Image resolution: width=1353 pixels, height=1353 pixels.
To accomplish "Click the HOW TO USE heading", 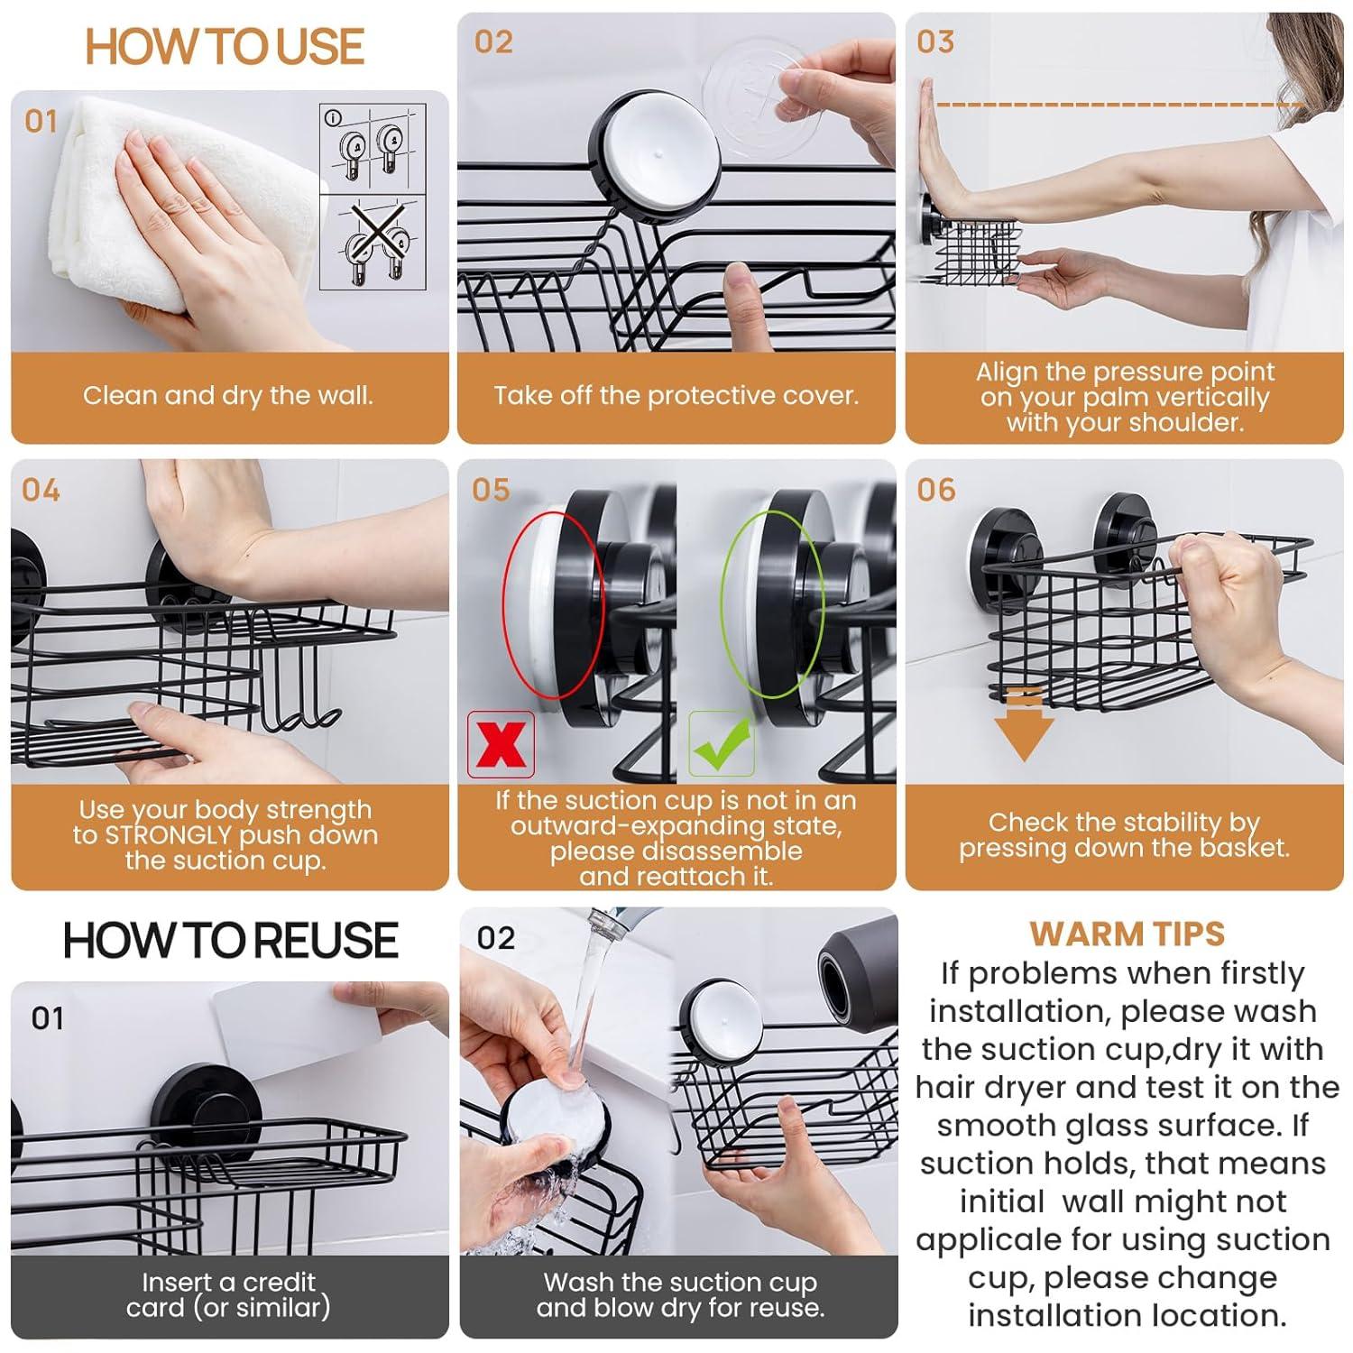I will pos(225,47).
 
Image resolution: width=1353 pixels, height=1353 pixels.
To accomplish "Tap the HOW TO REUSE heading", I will pos(230,941).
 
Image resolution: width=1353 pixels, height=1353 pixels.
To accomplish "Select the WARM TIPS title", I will pos(1127,934).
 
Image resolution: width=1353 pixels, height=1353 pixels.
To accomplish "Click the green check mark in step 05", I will pos(721,744).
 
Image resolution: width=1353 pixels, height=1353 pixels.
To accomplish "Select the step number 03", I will pos(935,42).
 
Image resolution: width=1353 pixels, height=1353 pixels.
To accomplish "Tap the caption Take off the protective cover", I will pos(676,395).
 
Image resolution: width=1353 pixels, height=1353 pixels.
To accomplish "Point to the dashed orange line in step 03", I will pos(1118,105).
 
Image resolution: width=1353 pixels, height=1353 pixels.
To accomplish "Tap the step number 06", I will pos(935,490).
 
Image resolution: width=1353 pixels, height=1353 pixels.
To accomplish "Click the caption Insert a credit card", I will pos(229,1294).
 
